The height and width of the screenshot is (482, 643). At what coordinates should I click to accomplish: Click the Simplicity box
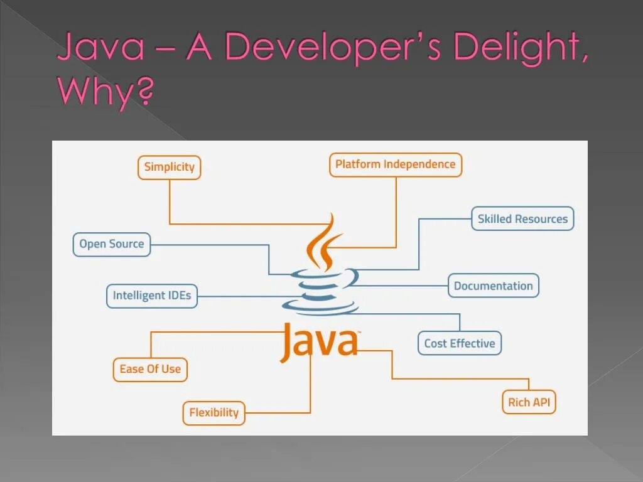[x=169, y=168]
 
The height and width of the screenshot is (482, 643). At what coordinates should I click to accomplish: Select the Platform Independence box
[x=395, y=165]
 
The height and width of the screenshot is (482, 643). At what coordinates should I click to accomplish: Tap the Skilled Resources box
[x=522, y=219]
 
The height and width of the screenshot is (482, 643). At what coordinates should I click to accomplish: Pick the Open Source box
[x=111, y=245]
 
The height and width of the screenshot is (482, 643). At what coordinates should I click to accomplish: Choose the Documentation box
[x=493, y=286]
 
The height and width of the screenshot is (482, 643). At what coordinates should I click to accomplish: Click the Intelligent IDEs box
[x=151, y=296]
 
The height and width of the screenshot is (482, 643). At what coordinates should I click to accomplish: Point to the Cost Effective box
[x=459, y=343]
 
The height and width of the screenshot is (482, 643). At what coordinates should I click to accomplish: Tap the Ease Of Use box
[x=150, y=369]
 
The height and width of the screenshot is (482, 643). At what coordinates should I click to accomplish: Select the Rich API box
[x=528, y=402]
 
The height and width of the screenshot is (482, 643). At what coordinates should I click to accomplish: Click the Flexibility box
[x=213, y=413]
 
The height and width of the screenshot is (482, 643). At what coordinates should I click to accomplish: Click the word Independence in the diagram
[x=419, y=164]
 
